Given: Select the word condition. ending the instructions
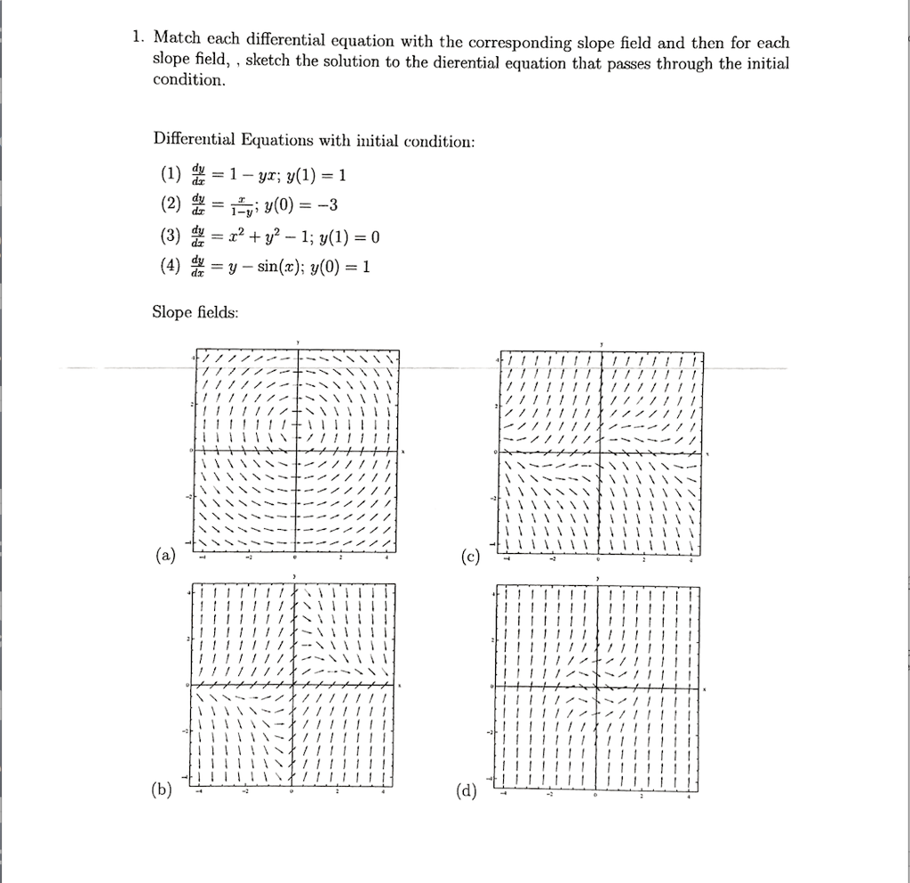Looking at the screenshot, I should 189,80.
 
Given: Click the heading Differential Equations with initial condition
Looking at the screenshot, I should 315,140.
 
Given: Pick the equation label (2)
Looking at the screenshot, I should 171,206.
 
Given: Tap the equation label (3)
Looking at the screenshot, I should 171,237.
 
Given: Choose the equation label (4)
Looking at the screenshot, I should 171,267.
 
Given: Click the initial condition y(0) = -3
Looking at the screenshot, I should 302,206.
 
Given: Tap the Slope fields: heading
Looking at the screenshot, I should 196,313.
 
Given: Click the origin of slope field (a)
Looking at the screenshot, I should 297,451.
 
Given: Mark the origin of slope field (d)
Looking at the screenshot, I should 597,686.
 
